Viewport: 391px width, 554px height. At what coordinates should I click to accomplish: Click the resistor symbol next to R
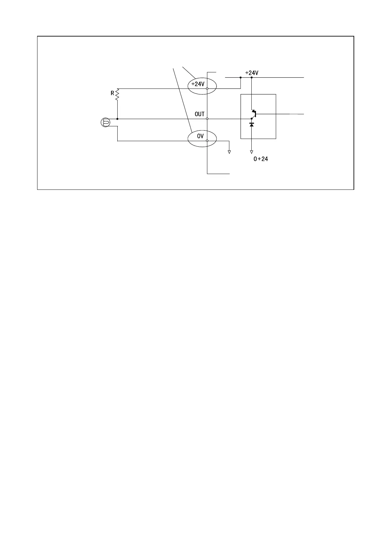click(117, 94)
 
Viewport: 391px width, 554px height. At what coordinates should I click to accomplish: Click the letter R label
click(112, 93)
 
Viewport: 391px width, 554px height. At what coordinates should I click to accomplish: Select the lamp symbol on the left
click(105, 123)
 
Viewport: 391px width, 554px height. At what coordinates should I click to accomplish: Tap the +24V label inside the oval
click(198, 84)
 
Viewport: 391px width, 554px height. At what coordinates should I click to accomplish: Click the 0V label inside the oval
click(200, 136)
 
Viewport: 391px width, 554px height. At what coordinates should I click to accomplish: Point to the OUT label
click(199, 114)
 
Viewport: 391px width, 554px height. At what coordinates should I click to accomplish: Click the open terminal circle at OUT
click(207, 119)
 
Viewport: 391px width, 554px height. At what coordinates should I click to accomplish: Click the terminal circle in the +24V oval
click(207, 88)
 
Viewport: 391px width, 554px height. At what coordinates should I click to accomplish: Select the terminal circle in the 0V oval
click(207, 141)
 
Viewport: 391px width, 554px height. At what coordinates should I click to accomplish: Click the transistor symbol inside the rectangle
click(254, 114)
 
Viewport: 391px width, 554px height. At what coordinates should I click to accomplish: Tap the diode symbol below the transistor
click(252, 125)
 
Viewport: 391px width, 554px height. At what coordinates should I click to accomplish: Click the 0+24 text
click(261, 159)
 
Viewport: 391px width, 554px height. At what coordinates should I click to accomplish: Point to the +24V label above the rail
click(252, 73)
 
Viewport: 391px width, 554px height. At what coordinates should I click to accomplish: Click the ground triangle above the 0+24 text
click(252, 152)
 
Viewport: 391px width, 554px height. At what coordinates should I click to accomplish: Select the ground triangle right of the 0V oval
click(229, 152)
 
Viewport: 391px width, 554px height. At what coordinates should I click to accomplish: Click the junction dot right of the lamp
click(117, 119)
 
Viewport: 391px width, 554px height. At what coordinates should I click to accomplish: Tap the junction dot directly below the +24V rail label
click(252, 78)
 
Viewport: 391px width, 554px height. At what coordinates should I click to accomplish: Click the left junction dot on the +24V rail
click(241, 78)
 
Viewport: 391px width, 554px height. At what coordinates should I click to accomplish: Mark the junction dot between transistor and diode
click(252, 119)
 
